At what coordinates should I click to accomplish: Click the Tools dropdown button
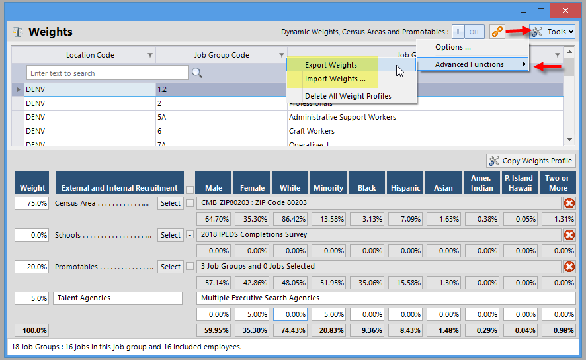(552, 32)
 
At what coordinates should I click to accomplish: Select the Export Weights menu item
(331, 65)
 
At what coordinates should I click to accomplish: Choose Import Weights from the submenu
(335, 79)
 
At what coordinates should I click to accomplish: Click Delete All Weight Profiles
(348, 96)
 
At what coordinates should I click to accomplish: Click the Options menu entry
(453, 47)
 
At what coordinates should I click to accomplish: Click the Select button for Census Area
(170, 203)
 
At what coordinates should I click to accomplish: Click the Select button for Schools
(170, 235)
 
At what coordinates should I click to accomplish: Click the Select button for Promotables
(170, 267)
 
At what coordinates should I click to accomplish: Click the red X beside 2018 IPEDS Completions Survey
(569, 235)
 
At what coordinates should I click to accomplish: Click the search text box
(107, 73)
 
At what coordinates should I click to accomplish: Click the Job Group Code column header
(221, 55)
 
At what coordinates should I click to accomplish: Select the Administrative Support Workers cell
(342, 117)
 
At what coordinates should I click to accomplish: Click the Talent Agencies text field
(117, 298)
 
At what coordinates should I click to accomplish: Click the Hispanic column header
(405, 187)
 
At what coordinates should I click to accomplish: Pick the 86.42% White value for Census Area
(290, 219)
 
